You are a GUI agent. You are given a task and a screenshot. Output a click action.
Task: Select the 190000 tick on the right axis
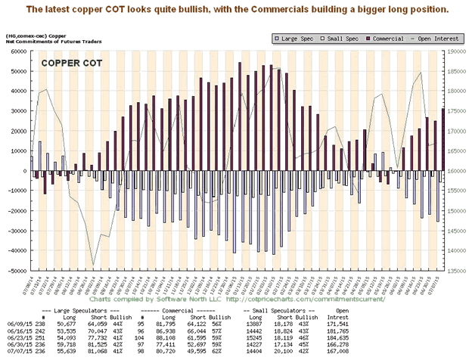point(455,51)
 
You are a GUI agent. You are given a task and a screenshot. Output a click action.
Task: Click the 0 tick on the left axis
point(22,171)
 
